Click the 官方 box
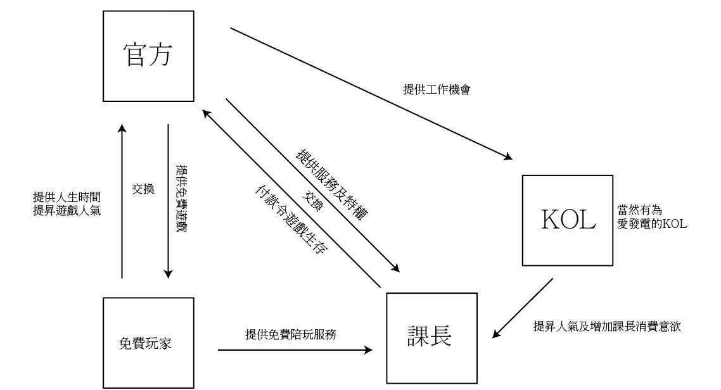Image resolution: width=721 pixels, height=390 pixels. click(148, 56)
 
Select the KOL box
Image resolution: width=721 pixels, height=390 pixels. click(568, 220)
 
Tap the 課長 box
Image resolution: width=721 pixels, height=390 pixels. click(431, 337)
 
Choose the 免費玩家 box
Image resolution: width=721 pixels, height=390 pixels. click(148, 343)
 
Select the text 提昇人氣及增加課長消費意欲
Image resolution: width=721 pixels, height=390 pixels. click(606, 327)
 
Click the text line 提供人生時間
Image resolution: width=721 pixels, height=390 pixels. click(67, 197)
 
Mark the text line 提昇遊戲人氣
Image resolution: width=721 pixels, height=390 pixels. click(67, 210)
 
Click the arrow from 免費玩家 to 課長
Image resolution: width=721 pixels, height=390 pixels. click(295, 349)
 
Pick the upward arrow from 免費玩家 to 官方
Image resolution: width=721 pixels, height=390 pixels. click(122, 203)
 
